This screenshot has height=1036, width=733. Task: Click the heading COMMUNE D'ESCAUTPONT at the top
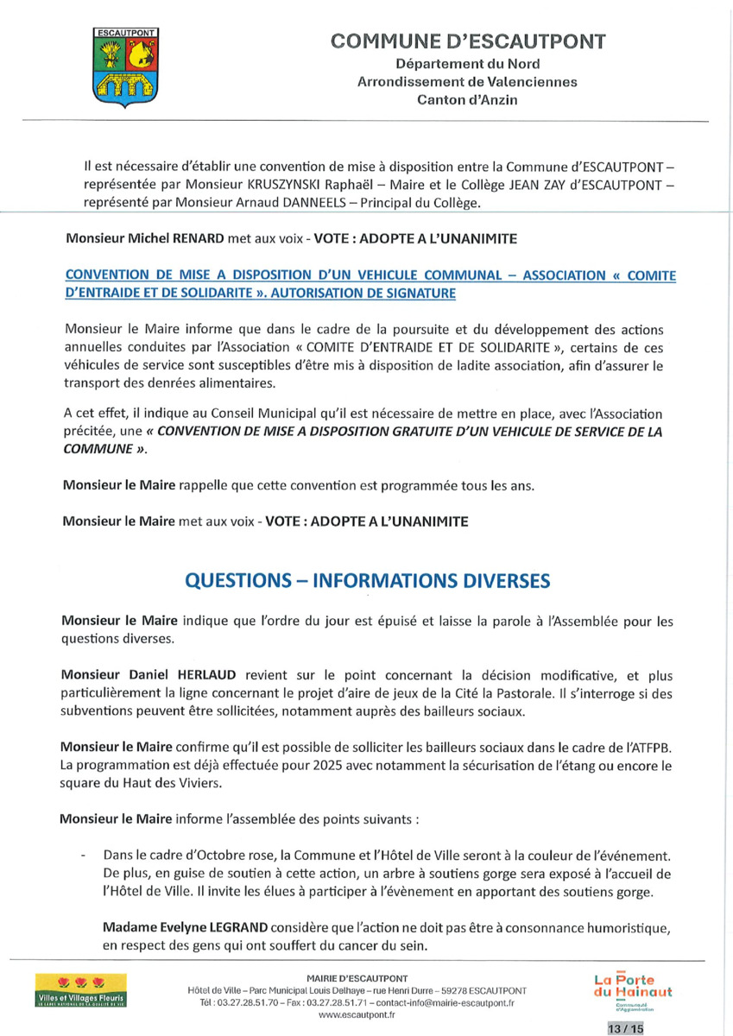[x=469, y=41]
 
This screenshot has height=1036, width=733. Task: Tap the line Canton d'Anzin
[x=468, y=100]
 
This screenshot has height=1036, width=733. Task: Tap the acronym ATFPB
[x=649, y=745]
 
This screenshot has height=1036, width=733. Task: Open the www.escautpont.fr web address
[x=357, y=1015]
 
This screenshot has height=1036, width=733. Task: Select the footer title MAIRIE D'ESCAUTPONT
[x=357, y=978]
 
